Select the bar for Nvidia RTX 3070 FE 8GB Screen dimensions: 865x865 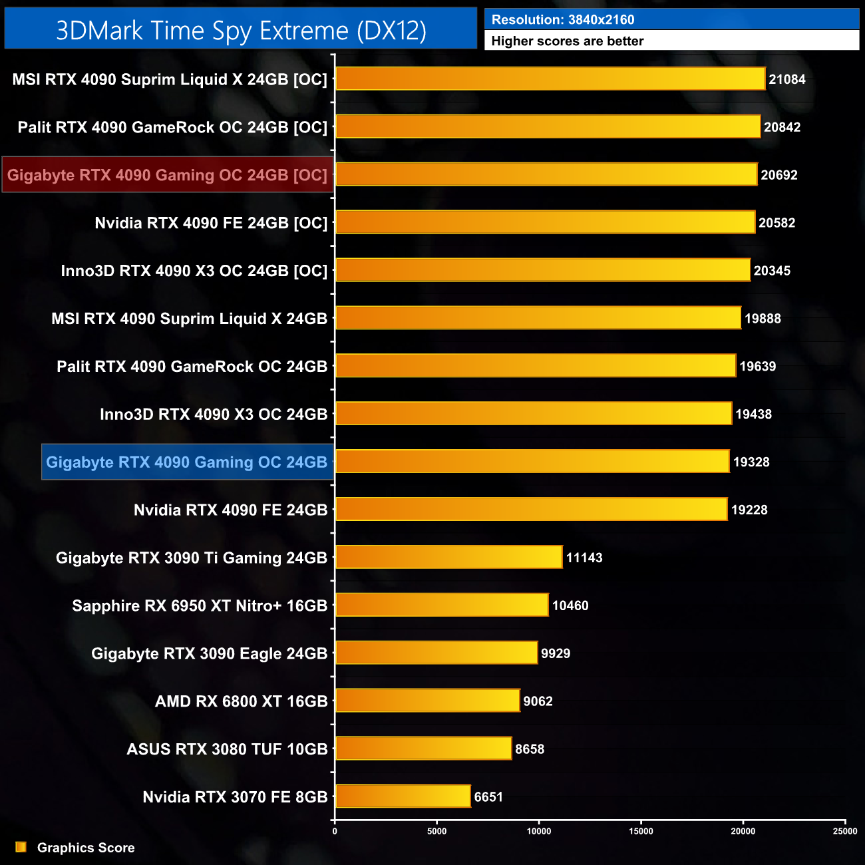click(x=403, y=796)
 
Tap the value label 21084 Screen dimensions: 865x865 click(x=787, y=79)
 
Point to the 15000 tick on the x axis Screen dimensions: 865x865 click(x=641, y=831)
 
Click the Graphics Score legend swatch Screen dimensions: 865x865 click(x=21, y=847)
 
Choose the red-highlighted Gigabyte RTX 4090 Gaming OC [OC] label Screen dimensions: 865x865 click(x=167, y=175)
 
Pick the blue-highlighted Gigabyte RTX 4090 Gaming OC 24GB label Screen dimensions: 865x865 click(x=187, y=462)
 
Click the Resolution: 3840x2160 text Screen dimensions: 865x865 click(x=563, y=19)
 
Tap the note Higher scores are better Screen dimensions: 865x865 click(x=568, y=41)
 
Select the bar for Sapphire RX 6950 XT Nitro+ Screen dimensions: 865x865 click(x=442, y=605)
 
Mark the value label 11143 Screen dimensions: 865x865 click(x=584, y=558)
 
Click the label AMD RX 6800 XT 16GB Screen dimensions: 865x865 click(x=242, y=701)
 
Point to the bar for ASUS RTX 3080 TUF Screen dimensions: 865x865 click(x=424, y=749)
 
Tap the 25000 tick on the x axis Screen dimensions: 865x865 click(x=845, y=831)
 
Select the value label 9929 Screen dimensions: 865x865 click(x=556, y=653)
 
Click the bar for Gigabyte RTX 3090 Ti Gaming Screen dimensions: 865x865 click(x=449, y=557)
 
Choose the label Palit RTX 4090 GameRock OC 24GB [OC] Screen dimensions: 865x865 click(x=172, y=127)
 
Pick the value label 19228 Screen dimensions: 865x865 click(x=749, y=510)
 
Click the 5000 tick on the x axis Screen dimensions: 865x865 click(x=436, y=831)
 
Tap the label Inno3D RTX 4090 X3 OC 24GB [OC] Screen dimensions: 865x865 click(x=194, y=271)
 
